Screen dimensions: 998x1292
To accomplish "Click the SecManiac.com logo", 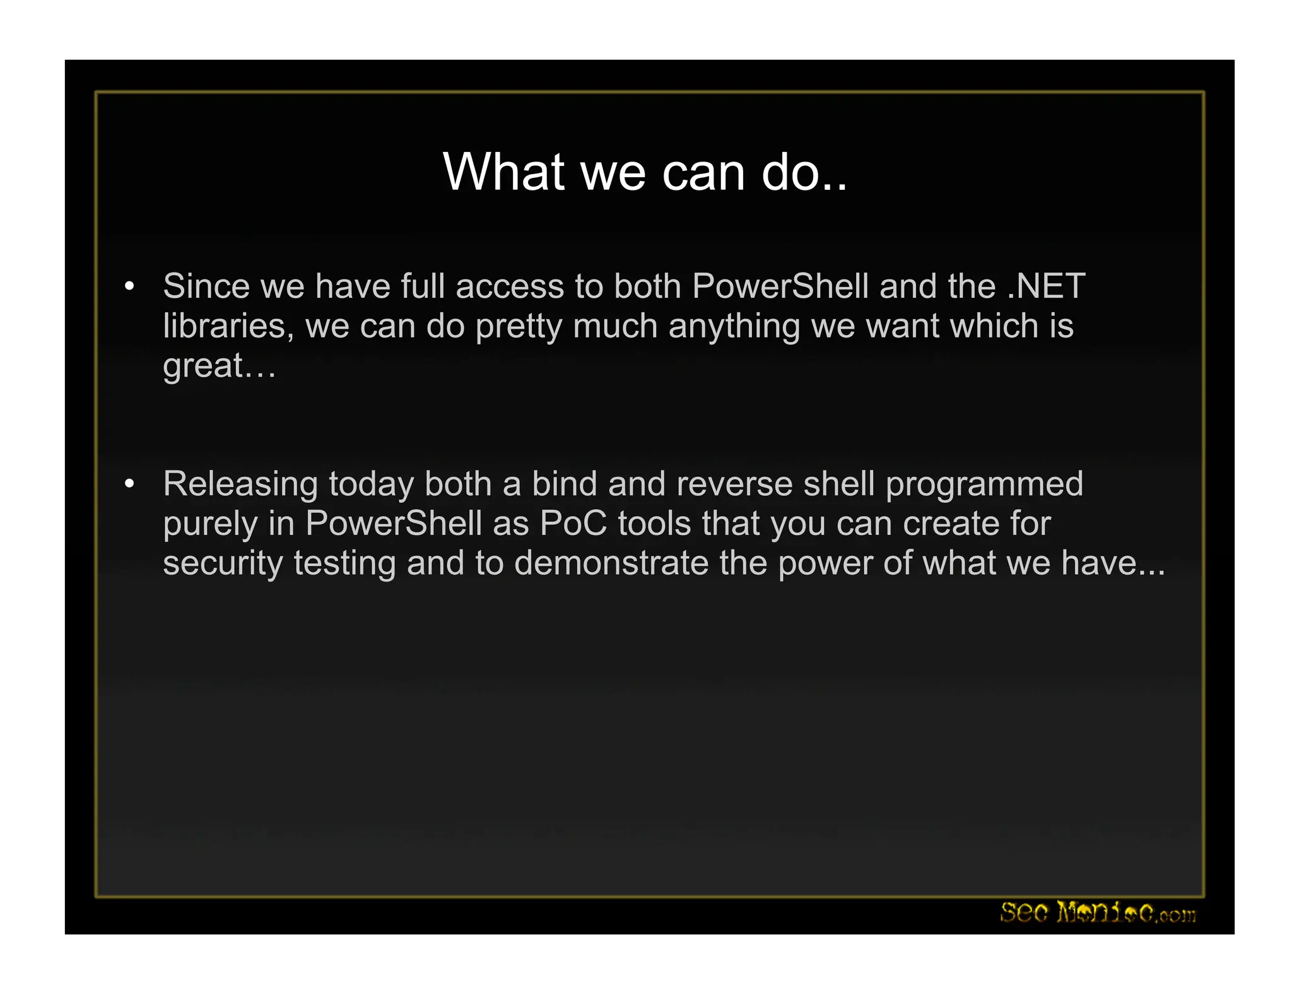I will click(x=1098, y=912).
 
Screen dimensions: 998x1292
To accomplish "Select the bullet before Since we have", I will click(x=129, y=286).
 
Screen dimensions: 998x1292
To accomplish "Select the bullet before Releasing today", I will click(x=129, y=484).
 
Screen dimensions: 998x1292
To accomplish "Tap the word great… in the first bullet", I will click(x=219, y=367).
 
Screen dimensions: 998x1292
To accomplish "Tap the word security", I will click(x=223, y=563).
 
